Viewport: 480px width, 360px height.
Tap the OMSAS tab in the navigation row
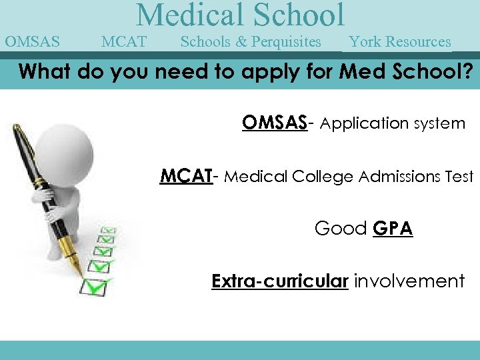pos(32,42)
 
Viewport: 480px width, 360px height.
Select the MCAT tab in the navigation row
pos(124,42)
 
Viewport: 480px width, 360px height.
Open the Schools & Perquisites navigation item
pos(251,42)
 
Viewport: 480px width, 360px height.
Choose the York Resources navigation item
pos(400,42)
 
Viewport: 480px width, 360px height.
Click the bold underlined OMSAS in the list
pos(274,123)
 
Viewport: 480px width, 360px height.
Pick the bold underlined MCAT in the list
pos(186,176)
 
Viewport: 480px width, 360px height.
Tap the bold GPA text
pos(393,229)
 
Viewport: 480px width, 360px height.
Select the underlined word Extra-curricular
pos(280,281)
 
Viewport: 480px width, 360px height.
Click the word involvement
pos(409,281)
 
